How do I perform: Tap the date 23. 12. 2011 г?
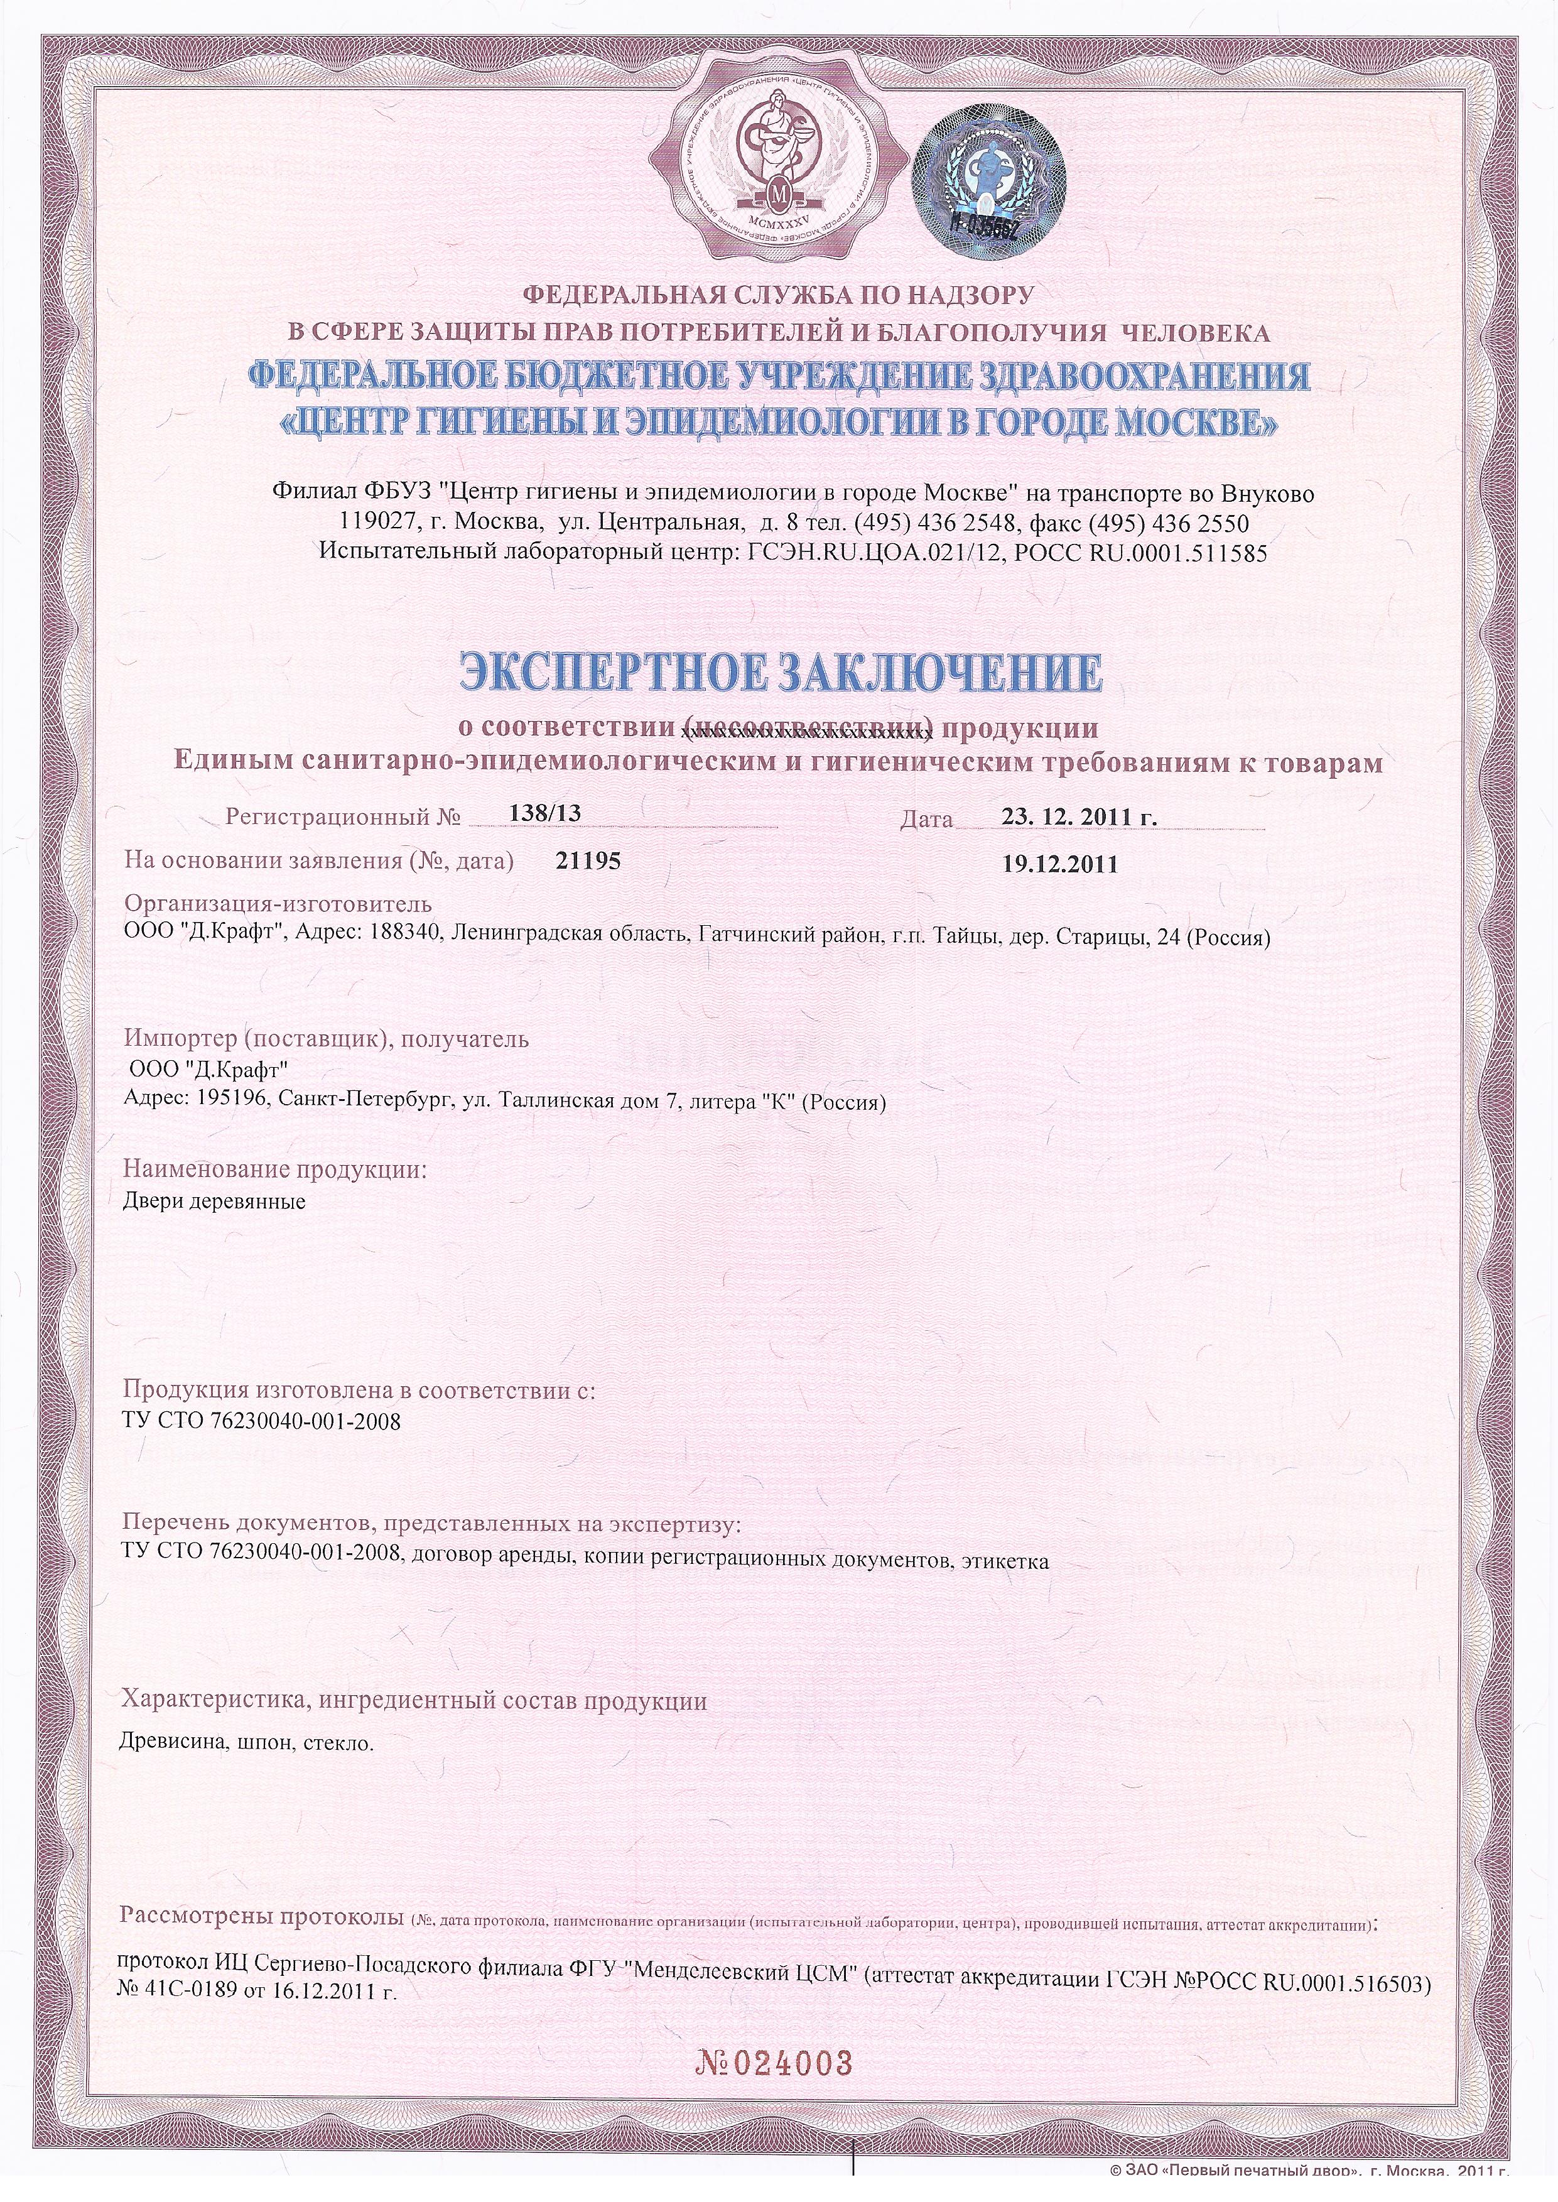click(1079, 818)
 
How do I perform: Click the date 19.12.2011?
click(1060, 864)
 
